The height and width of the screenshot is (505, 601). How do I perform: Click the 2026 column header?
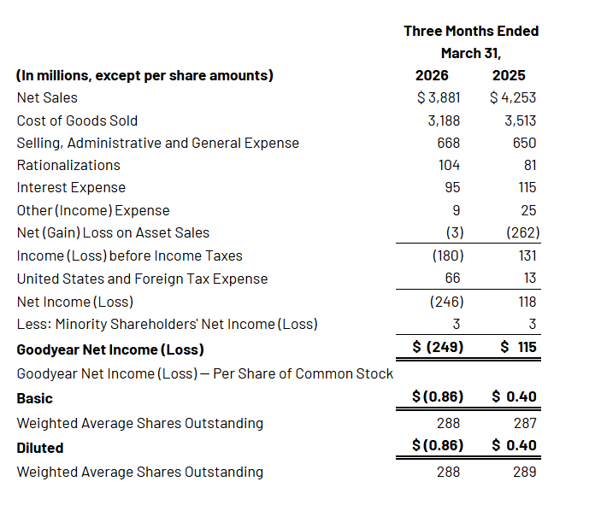click(432, 75)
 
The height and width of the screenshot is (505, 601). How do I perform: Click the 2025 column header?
click(509, 75)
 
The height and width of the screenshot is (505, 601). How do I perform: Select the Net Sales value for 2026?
click(439, 97)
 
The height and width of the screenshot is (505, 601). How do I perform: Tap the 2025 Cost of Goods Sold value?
click(520, 120)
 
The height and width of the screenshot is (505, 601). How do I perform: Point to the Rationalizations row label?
click(68, 166)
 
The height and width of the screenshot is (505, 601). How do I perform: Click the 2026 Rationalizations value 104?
click(449, 166)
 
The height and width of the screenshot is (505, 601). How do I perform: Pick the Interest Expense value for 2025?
click(527, 188)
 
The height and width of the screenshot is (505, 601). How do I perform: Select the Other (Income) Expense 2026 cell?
click(457, 211)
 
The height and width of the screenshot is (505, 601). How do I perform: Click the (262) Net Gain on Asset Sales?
click(523, 233)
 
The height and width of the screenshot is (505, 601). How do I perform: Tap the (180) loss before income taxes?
click(448, 256)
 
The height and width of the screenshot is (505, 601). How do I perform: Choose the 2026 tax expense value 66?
click(452, 279)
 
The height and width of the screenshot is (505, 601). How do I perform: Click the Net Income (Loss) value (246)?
click(446, 302)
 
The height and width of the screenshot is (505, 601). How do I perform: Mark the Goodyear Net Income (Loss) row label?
click(110, 349)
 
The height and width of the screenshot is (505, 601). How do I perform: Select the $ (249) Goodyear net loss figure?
click(438, 347)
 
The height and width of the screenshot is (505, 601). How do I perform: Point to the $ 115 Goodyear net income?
click(518, 347)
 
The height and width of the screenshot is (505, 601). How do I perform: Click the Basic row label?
click(34, 398)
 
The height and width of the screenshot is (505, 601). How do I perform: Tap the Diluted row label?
click(40, 448)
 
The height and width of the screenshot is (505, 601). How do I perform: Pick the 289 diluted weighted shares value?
click(525, 472)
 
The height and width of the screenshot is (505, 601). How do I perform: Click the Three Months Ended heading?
click(471, 31)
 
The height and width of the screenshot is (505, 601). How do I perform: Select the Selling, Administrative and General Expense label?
click(158, 144)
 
